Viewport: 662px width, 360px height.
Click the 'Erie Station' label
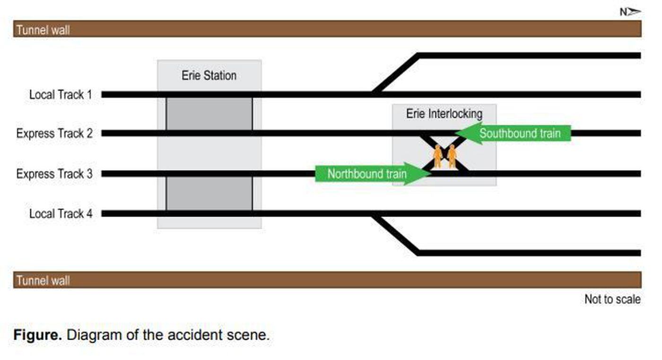point(209,76)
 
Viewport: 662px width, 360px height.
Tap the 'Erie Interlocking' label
point(444,114)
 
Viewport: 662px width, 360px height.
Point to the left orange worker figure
point(438,156)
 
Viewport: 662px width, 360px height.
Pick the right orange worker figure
point(452,156)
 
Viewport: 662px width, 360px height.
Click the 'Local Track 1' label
point(61,95)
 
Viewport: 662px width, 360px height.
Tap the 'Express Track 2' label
point(54,134)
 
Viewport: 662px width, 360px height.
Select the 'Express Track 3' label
point(54,174)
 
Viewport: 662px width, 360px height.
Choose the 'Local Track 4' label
point(61,214)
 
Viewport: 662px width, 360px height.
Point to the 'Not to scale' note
point(612,299)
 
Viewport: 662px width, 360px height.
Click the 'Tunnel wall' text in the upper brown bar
point(43,30)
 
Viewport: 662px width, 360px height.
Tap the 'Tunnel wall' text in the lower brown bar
point(43,281)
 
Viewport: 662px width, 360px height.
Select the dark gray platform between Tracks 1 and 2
point(209,114)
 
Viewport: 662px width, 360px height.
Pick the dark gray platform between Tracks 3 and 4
point(209,194)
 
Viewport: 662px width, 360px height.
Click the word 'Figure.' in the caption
point(37,335)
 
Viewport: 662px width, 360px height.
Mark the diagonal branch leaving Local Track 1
point(395,74)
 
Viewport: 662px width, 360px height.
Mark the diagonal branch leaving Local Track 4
point(395,234)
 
